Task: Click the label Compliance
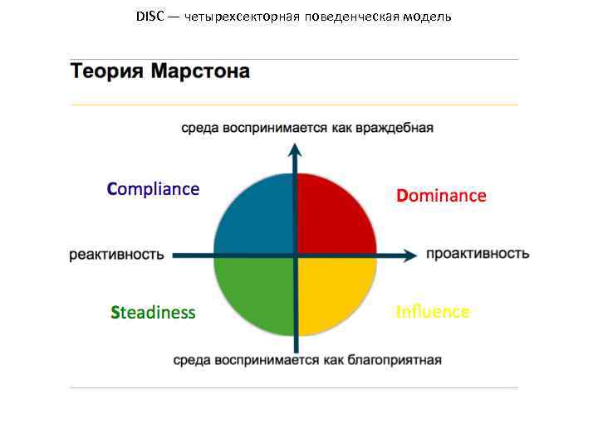[153, 189]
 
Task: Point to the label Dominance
[441, 196]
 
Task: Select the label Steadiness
[153, 313]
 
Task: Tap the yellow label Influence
[433, 312]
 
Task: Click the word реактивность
[116, 255]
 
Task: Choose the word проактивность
[478, 254]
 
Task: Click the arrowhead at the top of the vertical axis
[295, 150]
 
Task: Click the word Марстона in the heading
[200, 71]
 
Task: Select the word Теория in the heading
[107, 71]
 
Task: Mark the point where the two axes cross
[295, 255]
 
